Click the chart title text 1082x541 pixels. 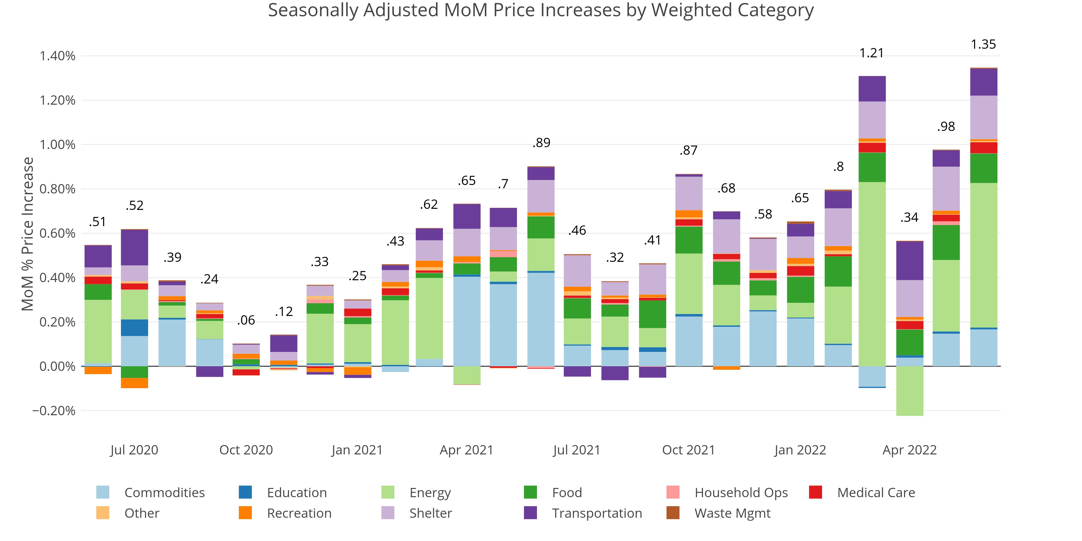tap(540, 10)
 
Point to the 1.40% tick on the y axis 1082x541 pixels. tap(58, 56)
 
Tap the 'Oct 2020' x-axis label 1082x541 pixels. tap(246, 450)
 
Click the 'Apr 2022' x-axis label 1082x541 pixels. tap(909, 450)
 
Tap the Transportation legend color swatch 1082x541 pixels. tap(530, 513)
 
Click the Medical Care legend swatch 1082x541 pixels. tap(815, 492)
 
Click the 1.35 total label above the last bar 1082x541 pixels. tap(983, 44)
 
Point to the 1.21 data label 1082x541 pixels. tap(872, 53)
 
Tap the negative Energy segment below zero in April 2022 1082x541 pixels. tap(909, 391)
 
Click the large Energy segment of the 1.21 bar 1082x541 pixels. tap(872, 273)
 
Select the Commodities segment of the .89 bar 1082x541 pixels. tap(541, 319)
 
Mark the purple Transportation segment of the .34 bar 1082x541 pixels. tap(909, 261)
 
